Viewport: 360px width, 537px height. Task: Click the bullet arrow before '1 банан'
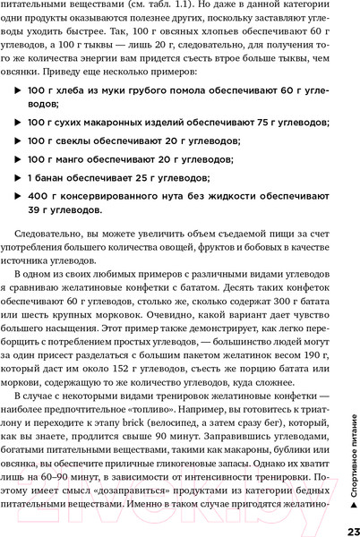pos(20,178)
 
